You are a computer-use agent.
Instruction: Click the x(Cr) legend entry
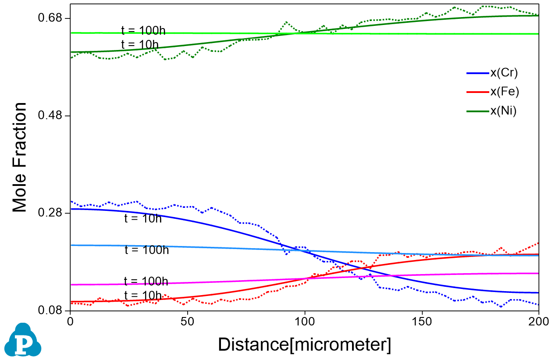[504, 73]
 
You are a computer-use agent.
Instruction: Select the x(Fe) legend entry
[504, 92]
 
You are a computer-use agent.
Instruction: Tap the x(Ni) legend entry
[503, 111]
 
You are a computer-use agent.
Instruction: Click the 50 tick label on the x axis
[187, 321]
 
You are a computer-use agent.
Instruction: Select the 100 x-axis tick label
[304, 321]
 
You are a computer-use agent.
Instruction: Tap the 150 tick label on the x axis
[421, 321]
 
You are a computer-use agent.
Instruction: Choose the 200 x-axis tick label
[538, 321]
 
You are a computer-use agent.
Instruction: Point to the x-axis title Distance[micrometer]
[304, 345]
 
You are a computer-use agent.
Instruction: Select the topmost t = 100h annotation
[143, 31]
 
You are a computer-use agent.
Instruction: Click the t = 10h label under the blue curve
[143, 218]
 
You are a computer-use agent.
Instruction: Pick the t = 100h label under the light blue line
[146, 250]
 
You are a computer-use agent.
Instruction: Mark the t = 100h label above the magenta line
[146, 281]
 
